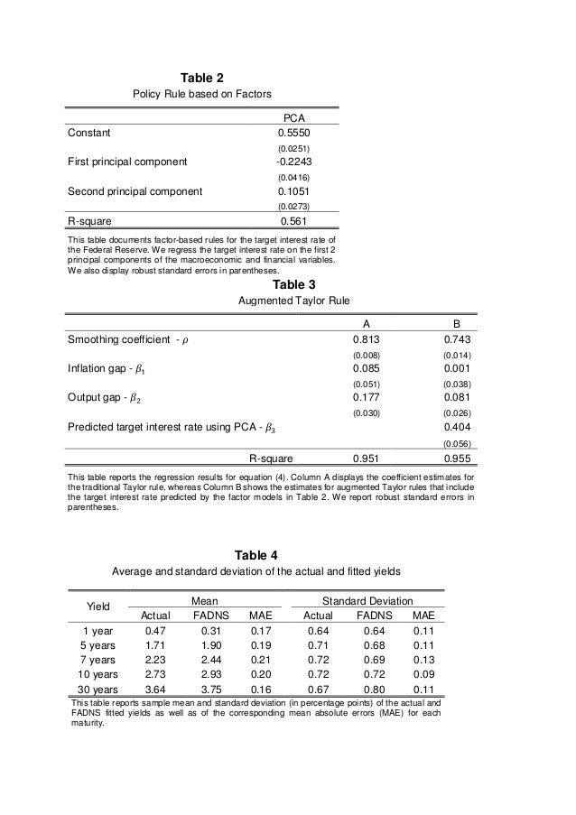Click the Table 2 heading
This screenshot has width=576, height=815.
point(203,78)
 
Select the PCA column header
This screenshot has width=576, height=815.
point(294,116)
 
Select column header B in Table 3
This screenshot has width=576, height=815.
point(458,324)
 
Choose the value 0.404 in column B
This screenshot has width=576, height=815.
point(458,428)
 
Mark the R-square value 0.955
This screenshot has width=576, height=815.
point(458,457)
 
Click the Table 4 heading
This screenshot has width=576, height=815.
point(255,554)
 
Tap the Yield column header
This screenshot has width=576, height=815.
point(98,607)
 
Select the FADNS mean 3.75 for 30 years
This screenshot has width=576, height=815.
point(209,690)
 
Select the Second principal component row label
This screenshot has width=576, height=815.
point(135,191)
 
